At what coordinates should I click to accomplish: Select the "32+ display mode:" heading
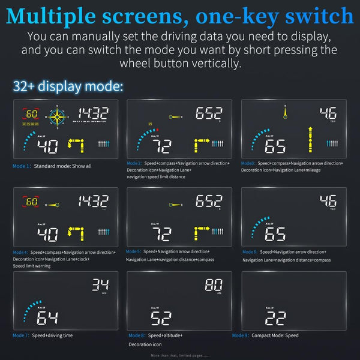[68, 86]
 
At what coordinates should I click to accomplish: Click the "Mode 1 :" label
[22, 166]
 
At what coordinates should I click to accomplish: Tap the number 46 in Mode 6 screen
[328, 201]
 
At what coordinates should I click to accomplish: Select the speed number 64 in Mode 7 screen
[48, 318]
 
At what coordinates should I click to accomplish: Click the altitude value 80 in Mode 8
[214, 284]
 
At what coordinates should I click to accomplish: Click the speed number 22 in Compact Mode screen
[275, 318]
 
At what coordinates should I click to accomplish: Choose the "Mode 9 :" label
[240, 335]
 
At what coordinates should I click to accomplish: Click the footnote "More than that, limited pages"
[179, 356]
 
